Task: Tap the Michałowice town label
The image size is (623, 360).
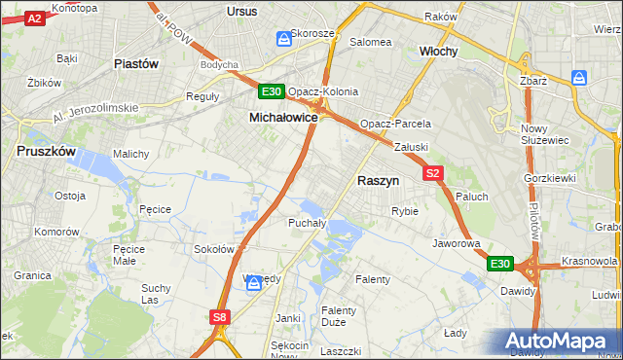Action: click(283, 117)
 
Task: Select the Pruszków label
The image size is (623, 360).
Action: click(47, 152)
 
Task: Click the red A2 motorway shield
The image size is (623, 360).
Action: click(34, 18)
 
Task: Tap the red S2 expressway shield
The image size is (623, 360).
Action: click(434, 173)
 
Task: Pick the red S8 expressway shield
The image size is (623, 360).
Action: click(220, 316)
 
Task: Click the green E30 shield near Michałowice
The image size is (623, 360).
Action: click(272, 92)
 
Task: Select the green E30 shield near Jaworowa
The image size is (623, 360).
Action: click(499, 264)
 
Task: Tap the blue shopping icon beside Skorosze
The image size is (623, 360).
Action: click(283, 39)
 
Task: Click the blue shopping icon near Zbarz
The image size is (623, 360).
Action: click(580, 77)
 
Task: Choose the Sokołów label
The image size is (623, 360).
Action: click(214, 249)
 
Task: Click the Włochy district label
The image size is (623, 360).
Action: click(438, 51)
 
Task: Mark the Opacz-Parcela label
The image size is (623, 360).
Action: click(395, 125)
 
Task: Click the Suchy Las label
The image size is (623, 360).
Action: click(157, 294)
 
